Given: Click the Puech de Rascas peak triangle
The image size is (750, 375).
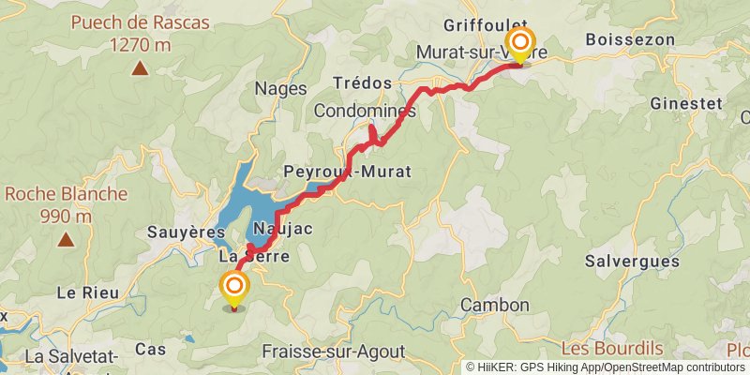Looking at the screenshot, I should tap(140, 67).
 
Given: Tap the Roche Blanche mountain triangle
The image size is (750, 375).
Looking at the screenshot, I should tap(66, 239).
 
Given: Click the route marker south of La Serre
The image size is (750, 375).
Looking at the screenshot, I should tap(233, 290).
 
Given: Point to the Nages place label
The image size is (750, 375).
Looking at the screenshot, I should tap(281, 89).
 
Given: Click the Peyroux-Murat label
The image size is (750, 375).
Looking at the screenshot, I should tap(347, 172).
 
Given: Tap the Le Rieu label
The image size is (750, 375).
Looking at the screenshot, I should tap(88, 292).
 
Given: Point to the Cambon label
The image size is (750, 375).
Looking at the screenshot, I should tap(495, 306).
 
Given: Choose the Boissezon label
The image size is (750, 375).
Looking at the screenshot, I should tap(630, 39).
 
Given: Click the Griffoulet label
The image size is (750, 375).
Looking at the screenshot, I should tap(486, 25).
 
